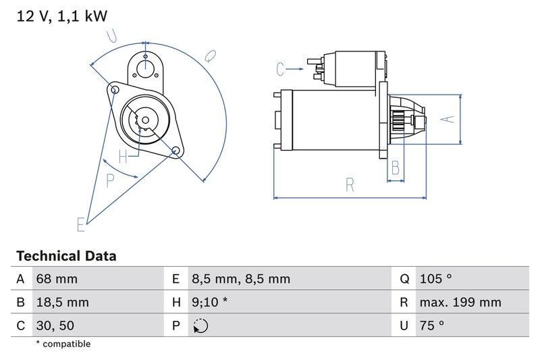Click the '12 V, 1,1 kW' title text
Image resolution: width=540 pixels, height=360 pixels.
(61, 16)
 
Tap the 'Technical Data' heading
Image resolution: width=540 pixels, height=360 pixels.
(65, 256)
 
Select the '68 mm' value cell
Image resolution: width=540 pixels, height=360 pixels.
(56, 279)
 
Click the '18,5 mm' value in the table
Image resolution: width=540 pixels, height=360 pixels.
(61, 302)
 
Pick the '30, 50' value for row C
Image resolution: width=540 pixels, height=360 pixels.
(55, 326)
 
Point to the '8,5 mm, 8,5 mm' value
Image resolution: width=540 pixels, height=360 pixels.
(240, 279)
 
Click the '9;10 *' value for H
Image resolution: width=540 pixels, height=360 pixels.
(209, 302)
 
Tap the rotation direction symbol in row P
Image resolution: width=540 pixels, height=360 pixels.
(200, 326)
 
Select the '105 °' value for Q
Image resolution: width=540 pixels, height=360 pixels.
(435, 279)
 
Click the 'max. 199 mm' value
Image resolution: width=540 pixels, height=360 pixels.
(459, 302)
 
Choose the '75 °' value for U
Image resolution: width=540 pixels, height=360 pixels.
(431, 326)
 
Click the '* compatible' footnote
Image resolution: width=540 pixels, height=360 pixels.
(63, 344)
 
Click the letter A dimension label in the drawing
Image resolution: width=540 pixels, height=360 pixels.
(446, 119)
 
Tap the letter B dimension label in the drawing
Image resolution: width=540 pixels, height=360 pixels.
(396, 168)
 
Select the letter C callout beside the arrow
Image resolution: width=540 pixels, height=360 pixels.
(281, 68)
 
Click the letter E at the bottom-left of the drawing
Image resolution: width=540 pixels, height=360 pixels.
(81, 224)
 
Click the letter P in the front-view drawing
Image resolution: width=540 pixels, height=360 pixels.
(111, 180)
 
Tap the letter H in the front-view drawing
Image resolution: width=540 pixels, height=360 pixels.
(123, 157)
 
